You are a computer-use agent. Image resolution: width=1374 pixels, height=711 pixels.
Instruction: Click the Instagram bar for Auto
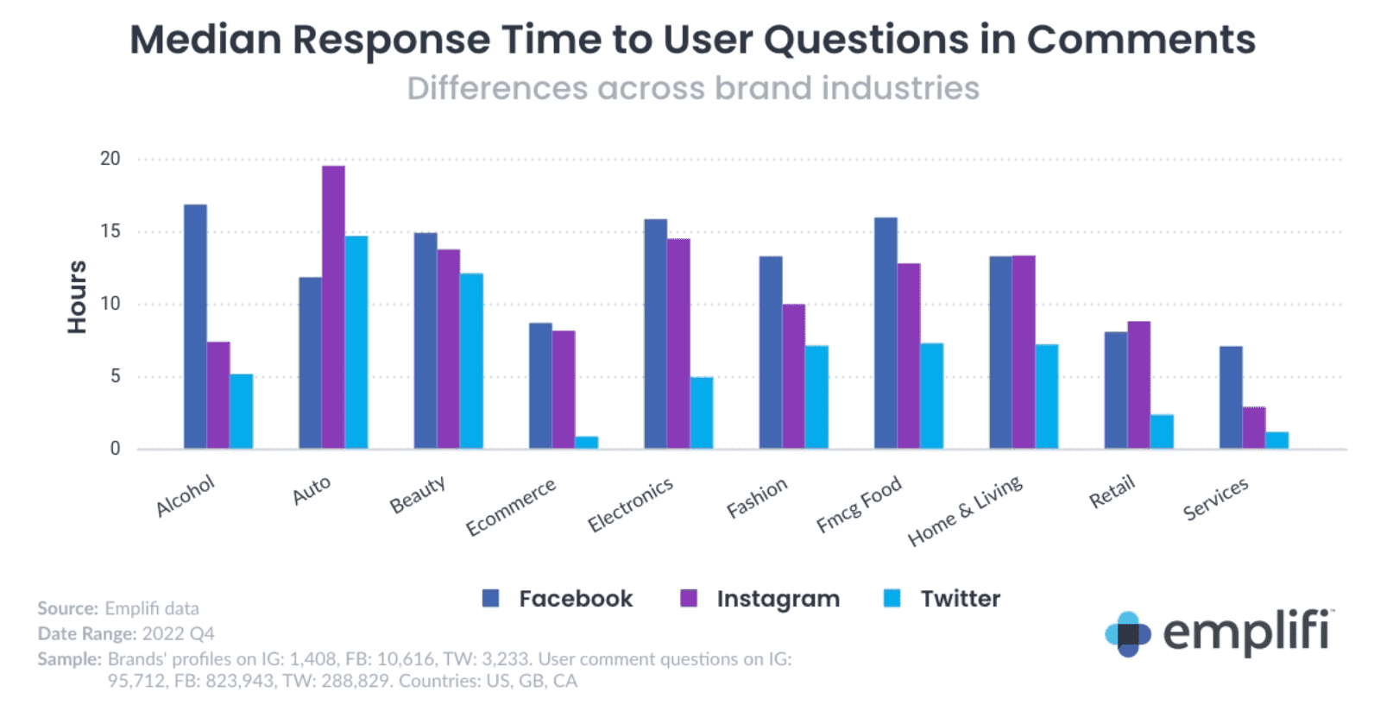coord(333,307)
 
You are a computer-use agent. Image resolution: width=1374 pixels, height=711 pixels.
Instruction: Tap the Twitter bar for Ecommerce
coord(586,443)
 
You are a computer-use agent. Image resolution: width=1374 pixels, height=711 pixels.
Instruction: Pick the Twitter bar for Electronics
coord(702,412)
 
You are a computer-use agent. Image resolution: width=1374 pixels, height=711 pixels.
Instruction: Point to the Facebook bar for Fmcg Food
coord(886,333)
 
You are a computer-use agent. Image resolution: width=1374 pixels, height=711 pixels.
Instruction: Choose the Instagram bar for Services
coord(1254,428)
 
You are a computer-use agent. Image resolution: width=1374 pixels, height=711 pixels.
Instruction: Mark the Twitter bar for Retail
coord(1162,431)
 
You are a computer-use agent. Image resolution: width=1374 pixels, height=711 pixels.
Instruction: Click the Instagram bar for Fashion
coord(793,376)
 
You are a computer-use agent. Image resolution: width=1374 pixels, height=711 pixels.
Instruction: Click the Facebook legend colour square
coord(491,599)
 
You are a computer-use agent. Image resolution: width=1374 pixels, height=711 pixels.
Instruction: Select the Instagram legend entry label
coord(778,599)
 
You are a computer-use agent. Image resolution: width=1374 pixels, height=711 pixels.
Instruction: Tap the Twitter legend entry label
coord(960,599)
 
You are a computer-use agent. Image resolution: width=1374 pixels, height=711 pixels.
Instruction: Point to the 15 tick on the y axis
coord(110,231)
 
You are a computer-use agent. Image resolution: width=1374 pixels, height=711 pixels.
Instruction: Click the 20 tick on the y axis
coord(110,159)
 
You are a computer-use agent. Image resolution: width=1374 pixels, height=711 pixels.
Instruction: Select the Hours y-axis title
coord(78,297)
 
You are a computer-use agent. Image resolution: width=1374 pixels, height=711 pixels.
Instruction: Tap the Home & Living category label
coord(965,511)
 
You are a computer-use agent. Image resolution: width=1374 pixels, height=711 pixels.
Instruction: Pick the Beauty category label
coord(418,494)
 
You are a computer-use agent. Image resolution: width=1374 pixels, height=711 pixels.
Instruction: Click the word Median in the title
coord(205,40)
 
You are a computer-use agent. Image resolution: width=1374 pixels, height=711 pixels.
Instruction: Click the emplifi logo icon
coord(1127,634)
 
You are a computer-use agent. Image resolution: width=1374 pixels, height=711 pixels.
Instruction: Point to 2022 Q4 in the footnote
coord(178,633)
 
